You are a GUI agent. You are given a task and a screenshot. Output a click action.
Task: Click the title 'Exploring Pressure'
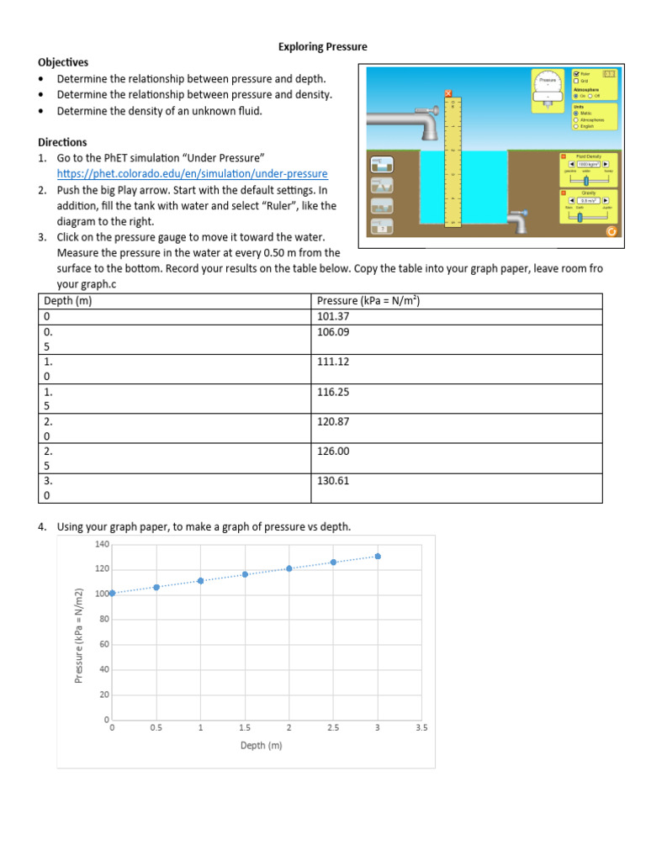323,46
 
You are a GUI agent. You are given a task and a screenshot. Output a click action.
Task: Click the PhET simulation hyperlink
192,173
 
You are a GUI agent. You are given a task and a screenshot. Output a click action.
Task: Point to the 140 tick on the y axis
102,544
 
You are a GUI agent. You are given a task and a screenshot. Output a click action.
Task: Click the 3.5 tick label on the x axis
421,728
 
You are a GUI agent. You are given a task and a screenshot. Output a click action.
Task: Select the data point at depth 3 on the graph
378,556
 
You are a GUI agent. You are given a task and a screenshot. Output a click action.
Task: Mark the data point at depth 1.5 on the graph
245,574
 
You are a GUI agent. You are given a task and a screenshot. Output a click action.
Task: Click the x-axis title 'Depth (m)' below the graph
261,745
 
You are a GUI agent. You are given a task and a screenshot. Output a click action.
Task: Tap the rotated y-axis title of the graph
79,634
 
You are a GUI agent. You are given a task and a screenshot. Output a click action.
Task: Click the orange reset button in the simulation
611,231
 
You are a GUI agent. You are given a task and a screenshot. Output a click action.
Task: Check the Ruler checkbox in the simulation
576,74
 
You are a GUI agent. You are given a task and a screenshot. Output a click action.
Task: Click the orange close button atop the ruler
448,93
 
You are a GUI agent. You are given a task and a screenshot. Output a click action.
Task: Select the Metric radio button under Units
575,114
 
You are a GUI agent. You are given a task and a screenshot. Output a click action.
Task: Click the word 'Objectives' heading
63,62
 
